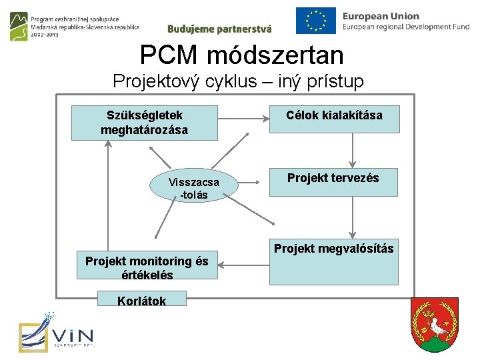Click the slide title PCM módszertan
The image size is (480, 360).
coord(241,55)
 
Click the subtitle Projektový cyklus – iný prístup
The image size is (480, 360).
coord(238,81)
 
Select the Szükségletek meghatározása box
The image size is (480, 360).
coord(144,123)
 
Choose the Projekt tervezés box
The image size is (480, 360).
coord(333,182)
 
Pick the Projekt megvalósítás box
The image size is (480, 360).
coord(333,261)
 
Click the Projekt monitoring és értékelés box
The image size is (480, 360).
coord(147,267)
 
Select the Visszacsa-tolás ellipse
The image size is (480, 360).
coord(193,188)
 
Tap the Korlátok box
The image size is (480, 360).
coord(141,299)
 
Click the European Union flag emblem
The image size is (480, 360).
coord(315,20)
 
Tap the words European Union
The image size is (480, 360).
coord(381,15)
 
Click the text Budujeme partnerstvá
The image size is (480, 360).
coord(219,29)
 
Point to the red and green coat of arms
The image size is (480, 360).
coord(434,325)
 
